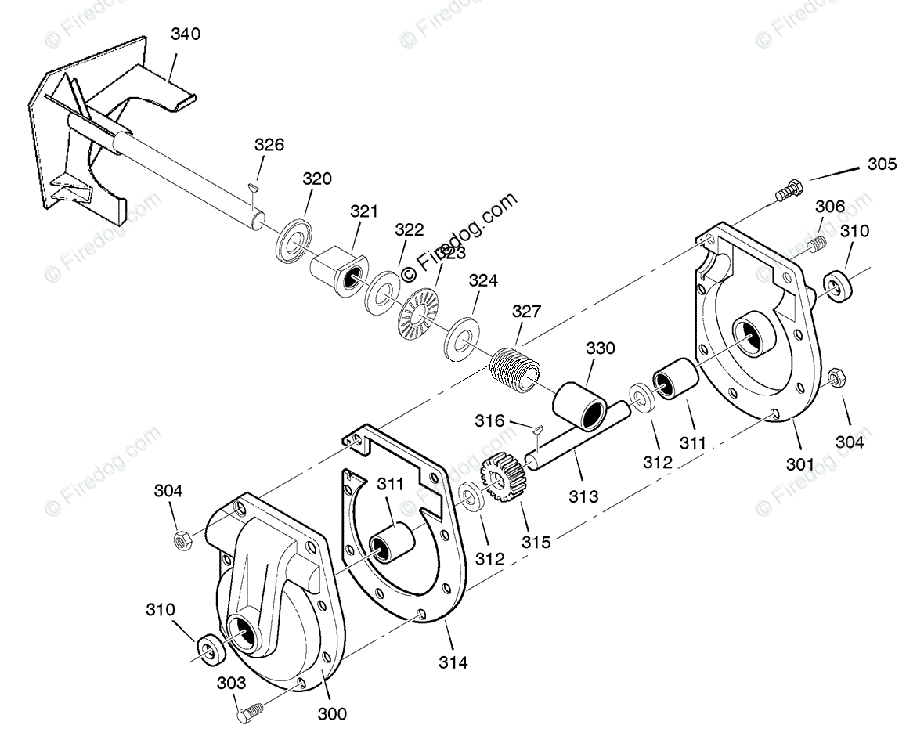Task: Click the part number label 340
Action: tap(185, 34)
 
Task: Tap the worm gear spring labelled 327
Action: tap(515, 367)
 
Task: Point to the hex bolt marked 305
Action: tap(786, 191)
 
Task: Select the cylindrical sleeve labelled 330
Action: tap(581, 406)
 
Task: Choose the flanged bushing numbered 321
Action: tap(337, 269)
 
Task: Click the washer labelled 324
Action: tap(463, 338)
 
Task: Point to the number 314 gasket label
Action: tap(453, 662)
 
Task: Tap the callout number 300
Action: tap(332, 713)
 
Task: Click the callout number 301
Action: tap(800, 464)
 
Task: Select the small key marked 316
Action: tap(536, 428)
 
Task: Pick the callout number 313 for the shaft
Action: tap(583, 496)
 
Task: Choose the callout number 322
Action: tap(409, 230)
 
